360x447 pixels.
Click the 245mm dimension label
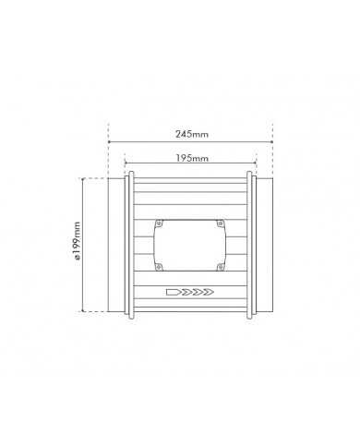point(192,134)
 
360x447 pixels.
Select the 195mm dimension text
point(192,159)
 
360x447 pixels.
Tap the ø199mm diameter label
point(77,241)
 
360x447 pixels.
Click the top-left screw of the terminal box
point(160,223)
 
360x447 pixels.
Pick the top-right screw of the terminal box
point(220,223)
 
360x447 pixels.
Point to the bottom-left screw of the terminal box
point(159,267)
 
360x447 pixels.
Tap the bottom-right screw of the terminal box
point(220,267)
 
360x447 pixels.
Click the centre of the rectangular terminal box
point(189,246)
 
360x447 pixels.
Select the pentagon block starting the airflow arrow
point(173,292)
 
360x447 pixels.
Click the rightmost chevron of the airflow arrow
point(210,292)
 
